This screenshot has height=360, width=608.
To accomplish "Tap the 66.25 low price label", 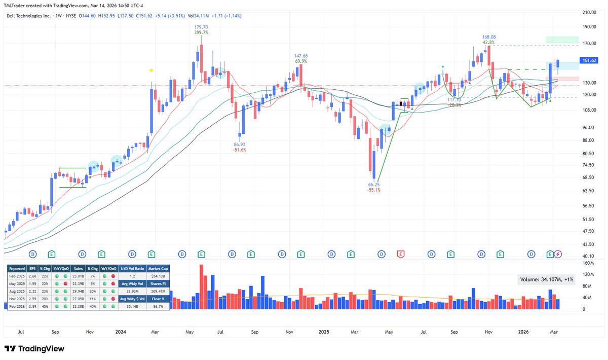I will tap(373, 185).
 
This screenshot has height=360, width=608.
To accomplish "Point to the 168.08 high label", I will tap(488, 37).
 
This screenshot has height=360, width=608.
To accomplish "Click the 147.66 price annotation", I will tap(301, 56).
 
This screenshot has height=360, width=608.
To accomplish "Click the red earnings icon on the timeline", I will tap(400, 254).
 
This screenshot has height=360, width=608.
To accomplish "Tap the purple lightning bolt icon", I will tap(558, 254).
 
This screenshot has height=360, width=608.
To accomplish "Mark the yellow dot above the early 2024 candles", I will tap(151, 70).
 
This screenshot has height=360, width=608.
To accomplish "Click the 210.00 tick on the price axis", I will tap(588, 12).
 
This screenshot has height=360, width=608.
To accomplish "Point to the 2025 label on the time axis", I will tap(324, 332).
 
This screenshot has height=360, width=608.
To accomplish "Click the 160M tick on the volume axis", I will tap(588, 263).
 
